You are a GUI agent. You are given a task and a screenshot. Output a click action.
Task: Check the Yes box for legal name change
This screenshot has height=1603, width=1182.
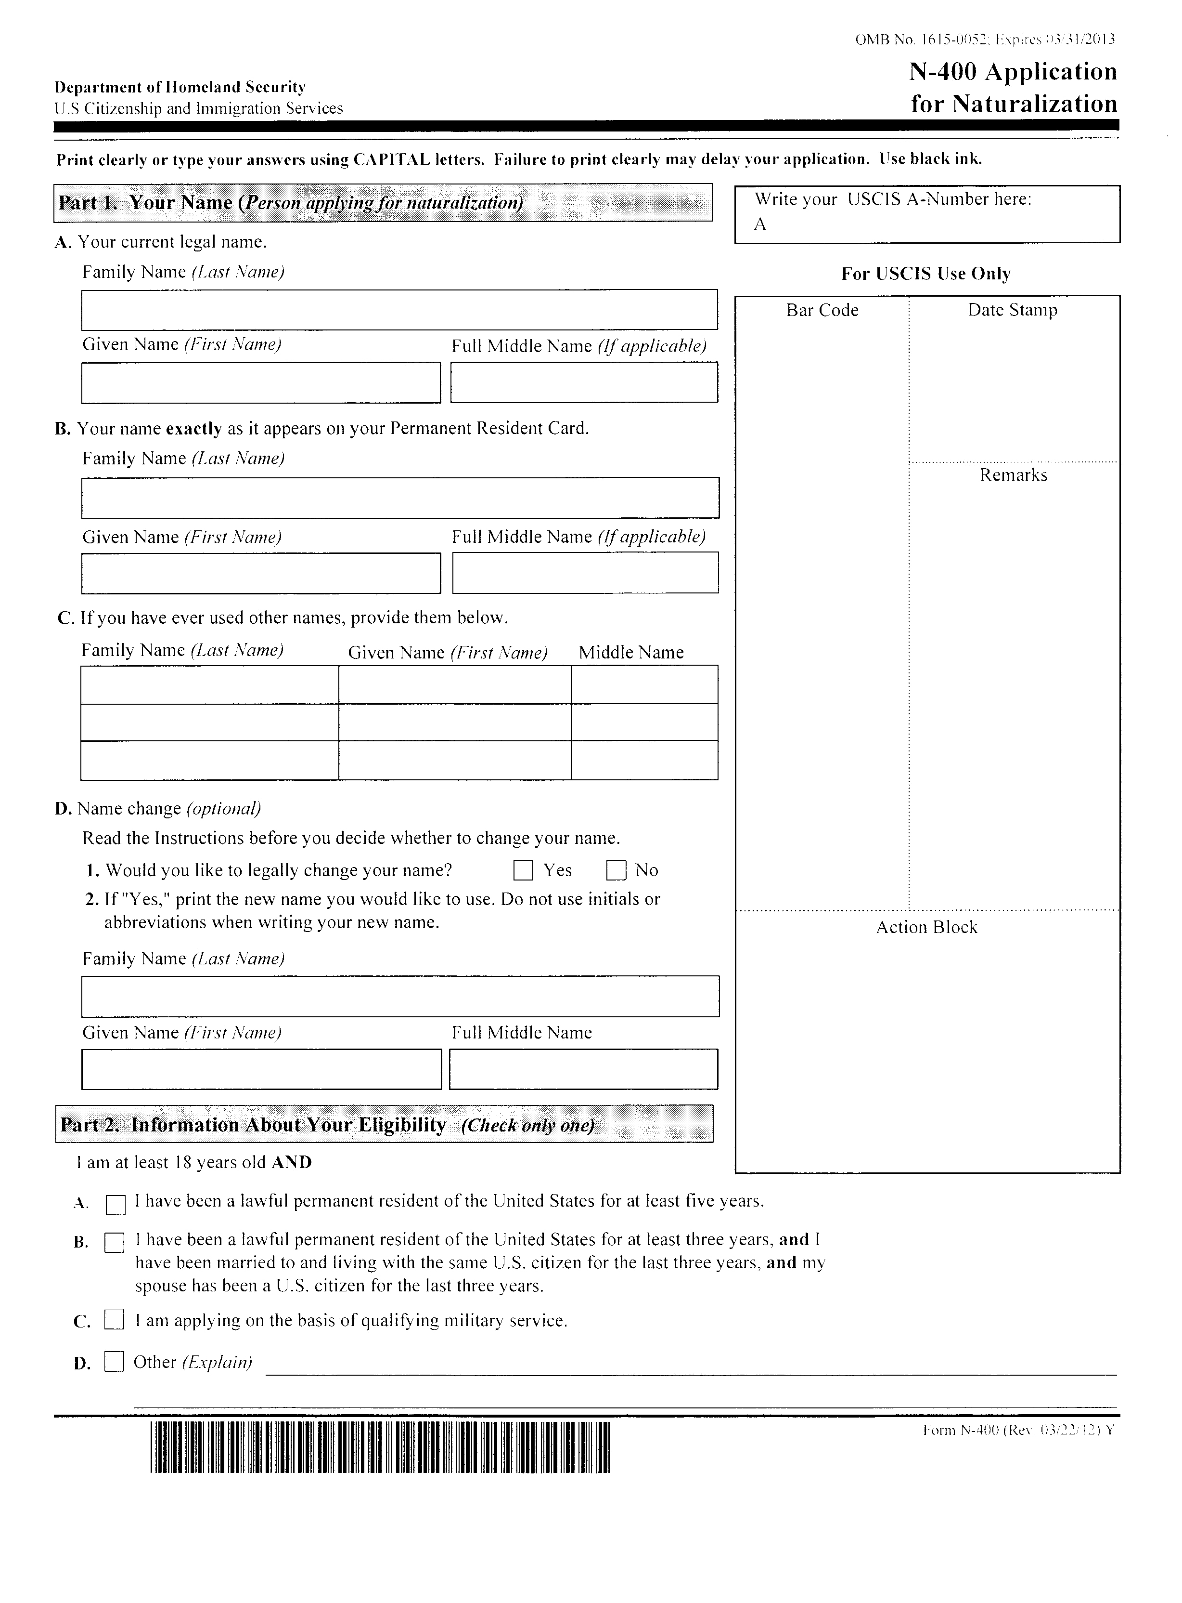pyautogui.click(x=523, y=870)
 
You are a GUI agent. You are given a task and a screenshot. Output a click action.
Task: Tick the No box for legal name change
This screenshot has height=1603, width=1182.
pyautogui.click(x=616, y=870)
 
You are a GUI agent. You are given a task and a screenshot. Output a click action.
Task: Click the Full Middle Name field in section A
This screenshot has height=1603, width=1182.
pyautogui.click(x=584, y=382)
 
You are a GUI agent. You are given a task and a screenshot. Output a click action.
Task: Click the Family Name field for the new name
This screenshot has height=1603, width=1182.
pyautogui.click(x=400, y=996)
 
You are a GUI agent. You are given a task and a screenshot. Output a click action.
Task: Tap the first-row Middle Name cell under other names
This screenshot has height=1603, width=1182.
pyautogui.click(x=644, y=685)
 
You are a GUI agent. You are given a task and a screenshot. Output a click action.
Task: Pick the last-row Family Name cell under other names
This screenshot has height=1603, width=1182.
pyautogui.click(x=210, y=761)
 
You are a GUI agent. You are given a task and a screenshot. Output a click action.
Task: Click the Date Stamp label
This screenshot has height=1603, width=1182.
pyautogui.click(x=1013, y=310)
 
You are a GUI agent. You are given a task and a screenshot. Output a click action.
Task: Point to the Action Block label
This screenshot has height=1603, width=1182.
pyautogui.click(x=926, y=927)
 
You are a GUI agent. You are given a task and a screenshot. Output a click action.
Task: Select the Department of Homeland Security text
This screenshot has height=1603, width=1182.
pyautogui.click(x=180, y=87)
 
